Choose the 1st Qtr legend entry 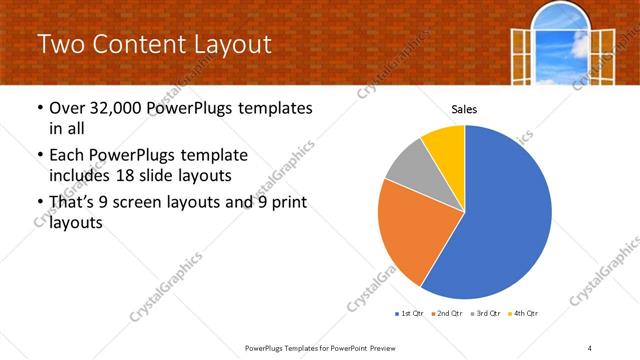pyautogui.click(x=409, y=313)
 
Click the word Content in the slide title pyautogui.click(x=146, y=44)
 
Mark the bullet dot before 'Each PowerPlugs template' pyautogui.click(x=39, y=156)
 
